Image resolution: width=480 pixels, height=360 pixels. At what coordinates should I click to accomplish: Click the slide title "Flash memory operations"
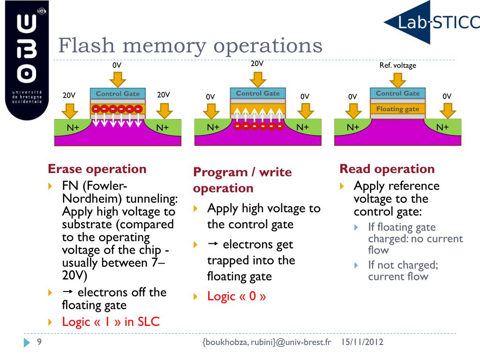[190, 46]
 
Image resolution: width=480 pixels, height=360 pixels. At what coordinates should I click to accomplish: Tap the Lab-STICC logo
[431, 22]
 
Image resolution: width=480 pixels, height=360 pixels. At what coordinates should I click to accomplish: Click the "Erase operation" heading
[97, 169]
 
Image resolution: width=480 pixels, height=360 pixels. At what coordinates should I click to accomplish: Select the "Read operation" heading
[387, 169]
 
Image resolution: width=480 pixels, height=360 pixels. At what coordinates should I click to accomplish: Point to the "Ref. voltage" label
[397, 65]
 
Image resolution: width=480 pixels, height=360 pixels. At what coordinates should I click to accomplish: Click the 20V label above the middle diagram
[257, 63]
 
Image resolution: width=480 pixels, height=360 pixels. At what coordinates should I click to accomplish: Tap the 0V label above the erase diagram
[117, 65]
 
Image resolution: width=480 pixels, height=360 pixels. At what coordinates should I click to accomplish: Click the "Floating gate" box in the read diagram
[397, 109]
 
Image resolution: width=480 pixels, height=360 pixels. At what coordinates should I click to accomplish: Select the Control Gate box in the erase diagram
[118, 93]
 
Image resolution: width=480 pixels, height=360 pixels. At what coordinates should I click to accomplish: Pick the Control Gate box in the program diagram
[258, 93]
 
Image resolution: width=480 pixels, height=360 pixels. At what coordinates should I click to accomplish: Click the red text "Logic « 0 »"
[237, 296]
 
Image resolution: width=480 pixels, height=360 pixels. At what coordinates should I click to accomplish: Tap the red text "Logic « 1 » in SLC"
[111, 322]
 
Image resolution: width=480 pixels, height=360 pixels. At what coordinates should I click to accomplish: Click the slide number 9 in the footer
[39, 342]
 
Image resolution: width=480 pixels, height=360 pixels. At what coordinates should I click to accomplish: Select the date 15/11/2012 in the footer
[362, 342]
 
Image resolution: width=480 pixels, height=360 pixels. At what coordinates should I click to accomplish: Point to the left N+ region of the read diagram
[353, 127]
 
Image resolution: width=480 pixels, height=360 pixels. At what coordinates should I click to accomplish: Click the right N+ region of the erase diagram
[162, 127]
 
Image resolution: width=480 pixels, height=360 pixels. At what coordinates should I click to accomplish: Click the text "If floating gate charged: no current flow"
[415, 239]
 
